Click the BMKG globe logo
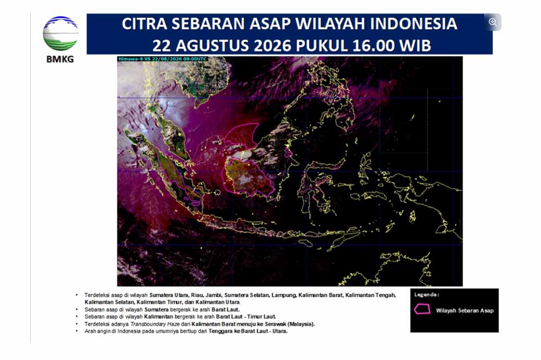(61, 34)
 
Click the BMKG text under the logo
(60, 59)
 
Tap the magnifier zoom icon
(493, 22)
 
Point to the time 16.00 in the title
(373, 45)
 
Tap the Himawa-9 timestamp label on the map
(162, 59)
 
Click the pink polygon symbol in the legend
(422, 309)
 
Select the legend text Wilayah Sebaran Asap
(464, 310)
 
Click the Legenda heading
(426, 295)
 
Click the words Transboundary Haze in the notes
(155, 324)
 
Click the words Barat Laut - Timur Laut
(246, 317)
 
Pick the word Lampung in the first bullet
(283, 295)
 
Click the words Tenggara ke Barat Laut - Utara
(248, 331)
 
